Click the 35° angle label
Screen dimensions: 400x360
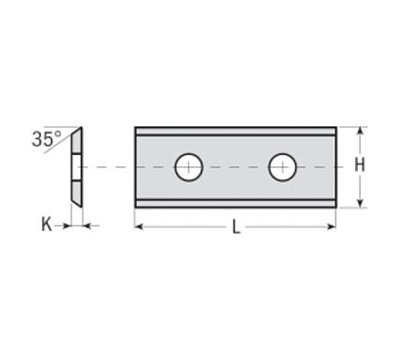47,139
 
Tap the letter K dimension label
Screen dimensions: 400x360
47,225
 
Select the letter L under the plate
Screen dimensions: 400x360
236,227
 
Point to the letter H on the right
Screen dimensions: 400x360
360,164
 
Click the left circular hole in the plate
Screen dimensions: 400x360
189,167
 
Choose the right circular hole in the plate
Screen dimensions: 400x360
283,167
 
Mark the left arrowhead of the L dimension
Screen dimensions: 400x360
139,227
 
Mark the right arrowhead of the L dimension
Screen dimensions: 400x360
331,227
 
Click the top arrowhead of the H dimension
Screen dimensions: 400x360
361,131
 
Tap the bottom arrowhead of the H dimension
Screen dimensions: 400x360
361,203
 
